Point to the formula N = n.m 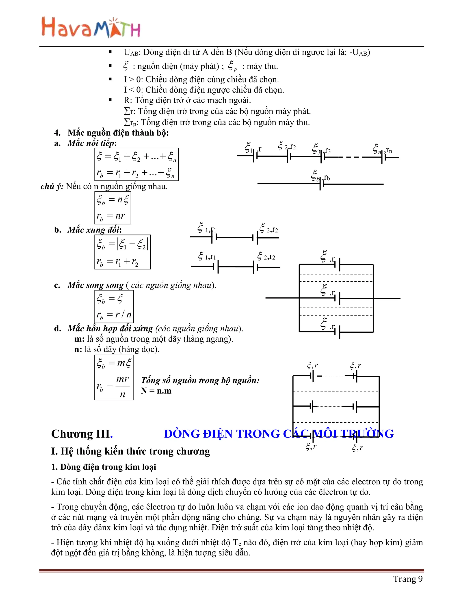[156, 391]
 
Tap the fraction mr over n [122, 386]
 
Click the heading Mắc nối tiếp [92, 143]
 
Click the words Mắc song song [95, 285]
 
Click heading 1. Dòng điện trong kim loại [104, 467]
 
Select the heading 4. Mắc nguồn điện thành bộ [111, 133]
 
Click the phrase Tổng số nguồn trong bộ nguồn [200, 381]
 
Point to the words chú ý [52, 186]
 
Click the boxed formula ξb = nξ [113, 200]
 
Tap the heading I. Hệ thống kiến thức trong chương [130, 451]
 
